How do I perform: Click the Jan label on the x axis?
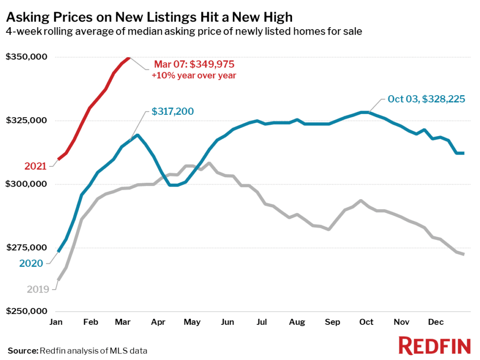point(57,322)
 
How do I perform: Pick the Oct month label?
point(367,322)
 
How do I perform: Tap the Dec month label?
point(435,322)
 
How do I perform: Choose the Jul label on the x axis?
point(262,322)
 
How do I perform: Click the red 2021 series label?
point(36,166)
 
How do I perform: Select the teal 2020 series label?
point(31,263)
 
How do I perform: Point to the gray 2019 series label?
point(37,289)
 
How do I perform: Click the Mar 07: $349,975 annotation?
point(194,64)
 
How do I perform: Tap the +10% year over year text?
point(194,75)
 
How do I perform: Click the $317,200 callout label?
point(172,112)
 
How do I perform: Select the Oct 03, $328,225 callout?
point(426,99)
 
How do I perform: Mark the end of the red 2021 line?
point(129,58)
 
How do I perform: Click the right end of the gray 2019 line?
point(463,254)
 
